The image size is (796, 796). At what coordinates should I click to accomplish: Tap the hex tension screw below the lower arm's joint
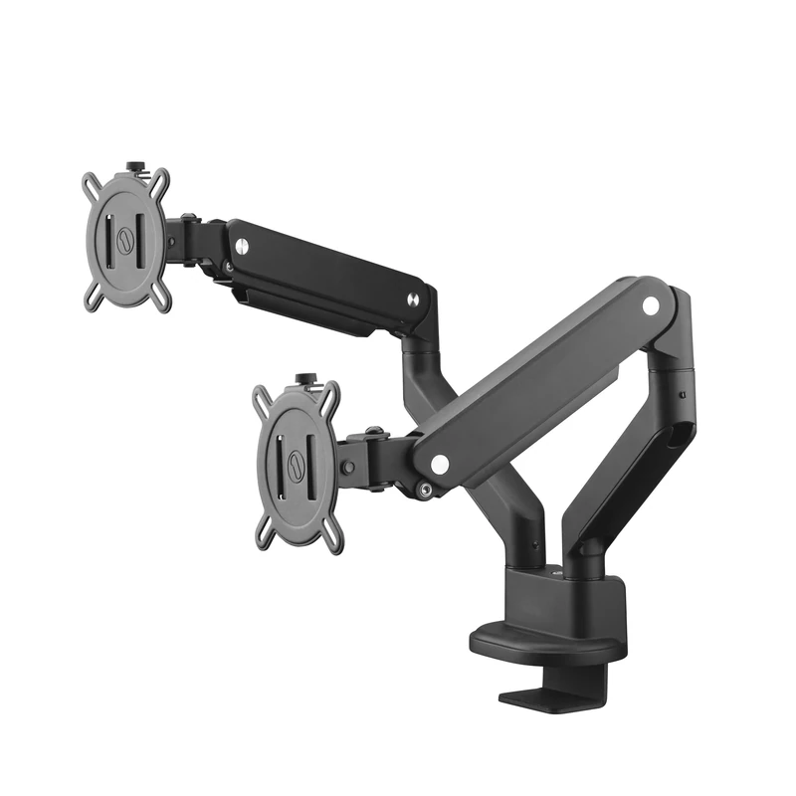pyautogui.click(x=425, y=489)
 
